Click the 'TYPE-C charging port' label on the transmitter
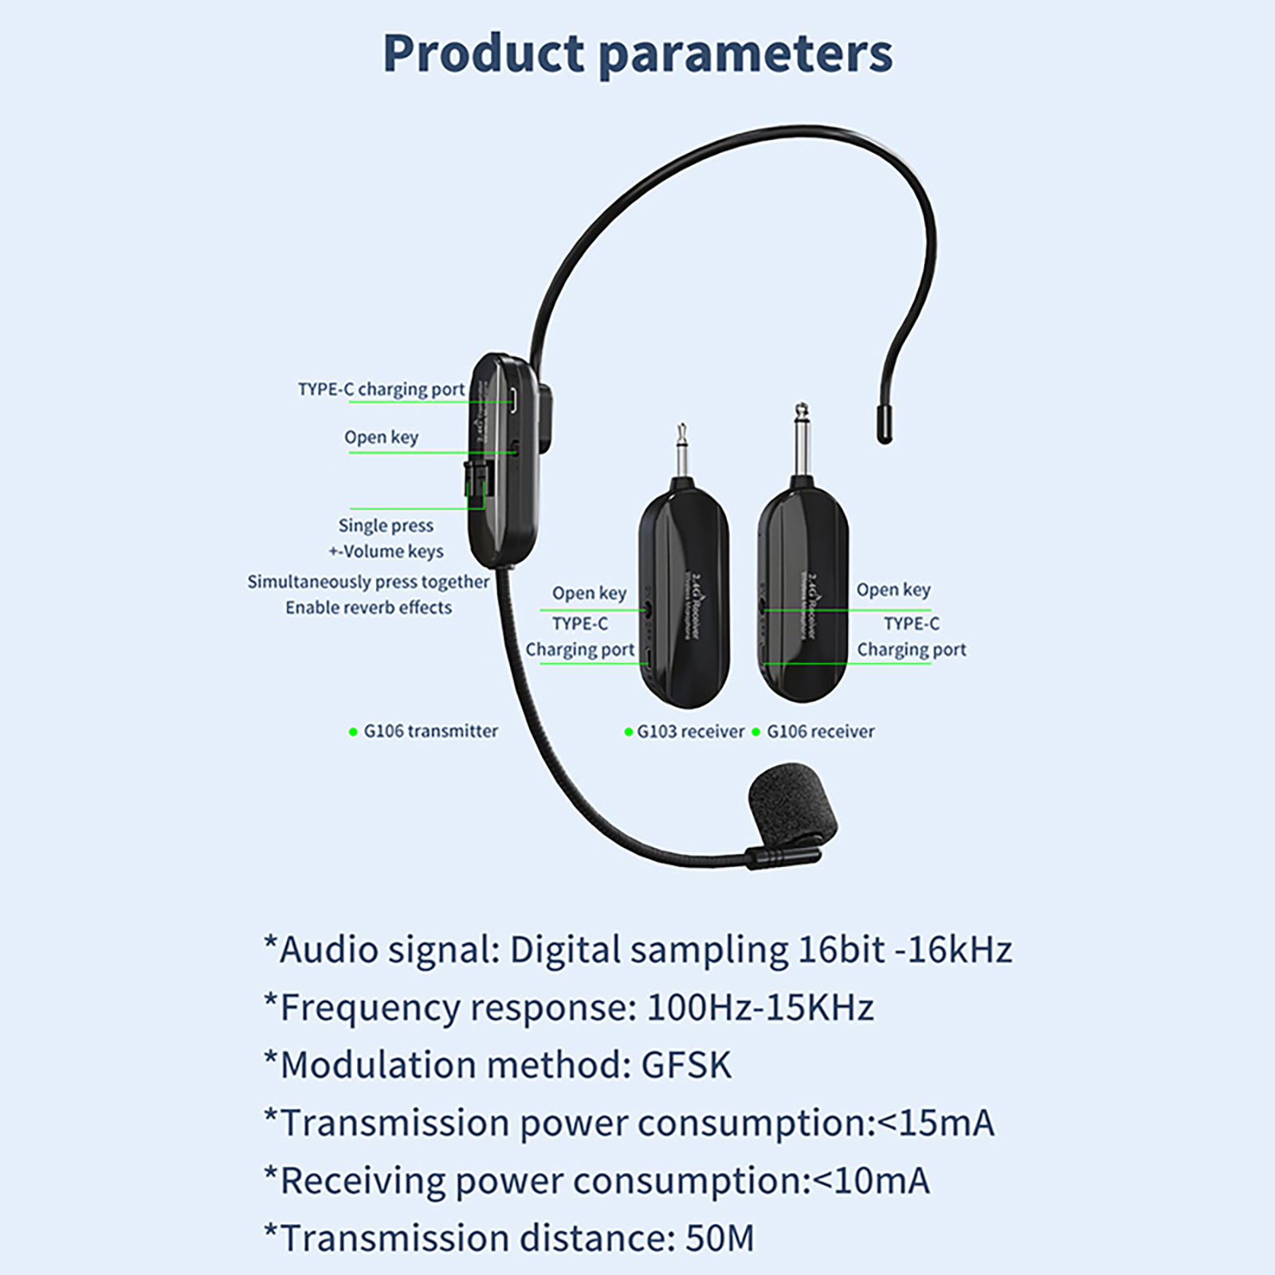(381, 389)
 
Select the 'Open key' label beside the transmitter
(381, 437)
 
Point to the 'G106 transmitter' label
(430, 731)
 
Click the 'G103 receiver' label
(690, 731)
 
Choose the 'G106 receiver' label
(820, 731)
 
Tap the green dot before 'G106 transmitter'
(353, 732)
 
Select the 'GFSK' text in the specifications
(686, 1065)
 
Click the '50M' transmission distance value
(720, 1238)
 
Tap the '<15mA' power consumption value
(936, 1123)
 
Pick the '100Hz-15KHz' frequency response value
(760, 1007)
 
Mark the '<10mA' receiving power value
(870, 1180)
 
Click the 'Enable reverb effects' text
(368, 607)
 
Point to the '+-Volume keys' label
(386, 551)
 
